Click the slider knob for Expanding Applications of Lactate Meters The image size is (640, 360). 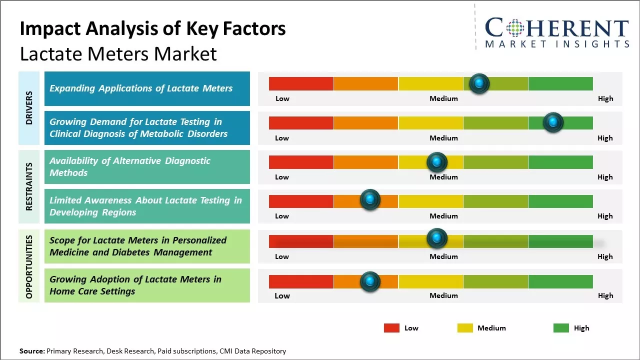tap(479, 83)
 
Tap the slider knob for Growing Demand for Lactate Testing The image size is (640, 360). tap(553, 122)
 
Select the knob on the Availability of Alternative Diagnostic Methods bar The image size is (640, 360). tap(436, 162)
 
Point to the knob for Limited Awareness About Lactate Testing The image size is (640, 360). tap(370, 200)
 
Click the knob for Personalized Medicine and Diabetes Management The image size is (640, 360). tap(436, 238)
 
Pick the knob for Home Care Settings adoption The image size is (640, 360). tap(370, 281)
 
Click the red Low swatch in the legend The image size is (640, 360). tap(391, 328)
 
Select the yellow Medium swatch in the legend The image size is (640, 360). tap(465, 328)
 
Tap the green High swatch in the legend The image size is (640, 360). tap(561, 328)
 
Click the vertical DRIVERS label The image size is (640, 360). tap(29, 108)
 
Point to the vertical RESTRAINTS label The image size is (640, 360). tap(29, 186)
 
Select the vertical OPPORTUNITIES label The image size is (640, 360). tap(29, 266)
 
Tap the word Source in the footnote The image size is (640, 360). tap(31, 351)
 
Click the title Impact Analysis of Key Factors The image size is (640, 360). tap(152, 28)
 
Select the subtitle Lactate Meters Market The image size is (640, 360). tap(118, 53)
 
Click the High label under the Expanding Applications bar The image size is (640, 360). tap(605, 98)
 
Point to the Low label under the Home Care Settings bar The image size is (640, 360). tap(282, 295)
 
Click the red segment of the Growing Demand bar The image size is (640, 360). tap(301, 122)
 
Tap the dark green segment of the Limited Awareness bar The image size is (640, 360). tap(560, 201)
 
